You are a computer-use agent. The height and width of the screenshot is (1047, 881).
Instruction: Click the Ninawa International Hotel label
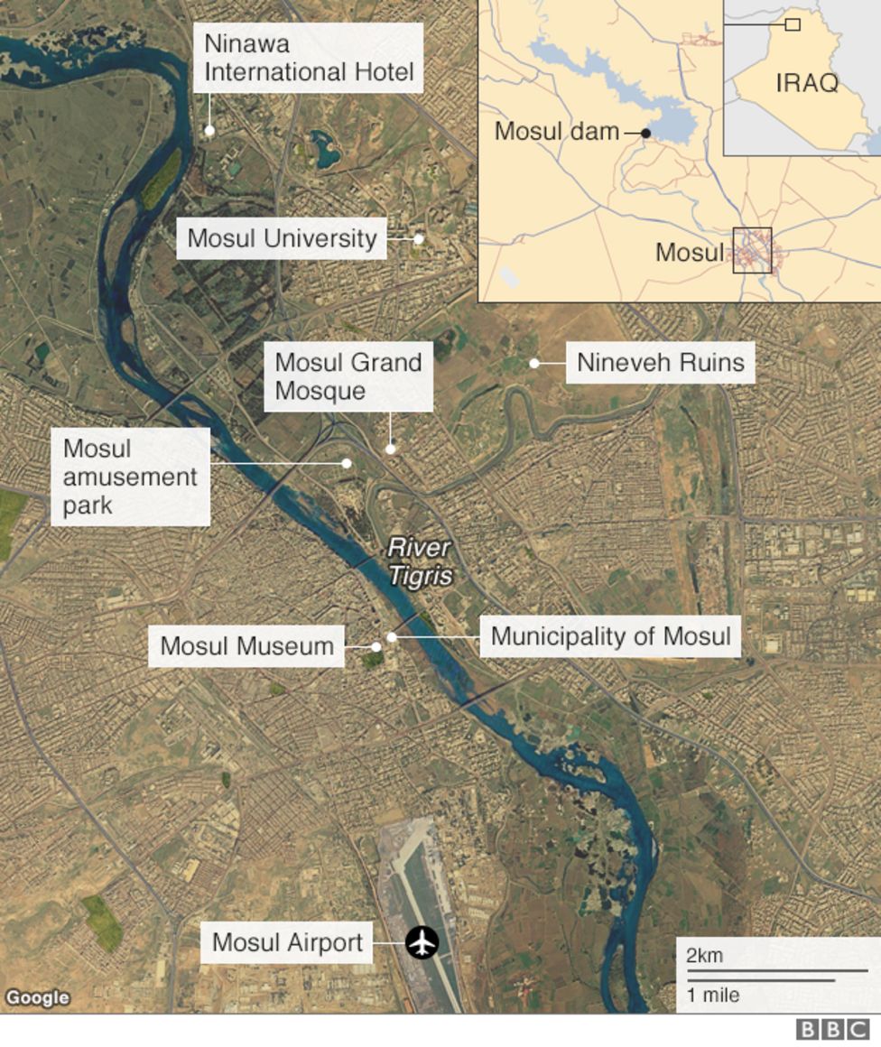click(308, 58)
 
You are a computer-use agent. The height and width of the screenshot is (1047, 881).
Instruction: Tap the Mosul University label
click(282, 238)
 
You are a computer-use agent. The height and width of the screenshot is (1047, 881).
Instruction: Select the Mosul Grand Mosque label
click(348, 376)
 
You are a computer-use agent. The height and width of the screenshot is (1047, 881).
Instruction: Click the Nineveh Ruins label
click(661, 363)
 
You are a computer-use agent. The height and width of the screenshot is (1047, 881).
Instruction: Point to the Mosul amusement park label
click(130, 477)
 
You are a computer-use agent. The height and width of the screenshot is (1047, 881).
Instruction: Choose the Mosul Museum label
click(246, 646)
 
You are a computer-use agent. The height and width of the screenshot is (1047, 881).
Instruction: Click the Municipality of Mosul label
click(610, 635)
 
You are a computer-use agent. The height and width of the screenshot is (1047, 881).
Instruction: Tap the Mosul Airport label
click(287, 943)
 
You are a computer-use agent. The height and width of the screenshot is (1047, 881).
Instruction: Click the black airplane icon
click(422, 942)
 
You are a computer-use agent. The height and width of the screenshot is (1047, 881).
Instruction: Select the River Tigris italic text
click(419, 561)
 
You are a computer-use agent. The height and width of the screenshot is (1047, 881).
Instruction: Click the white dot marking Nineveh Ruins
click(534, 364)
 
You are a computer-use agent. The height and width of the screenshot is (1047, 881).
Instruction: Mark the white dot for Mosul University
click(419, 239)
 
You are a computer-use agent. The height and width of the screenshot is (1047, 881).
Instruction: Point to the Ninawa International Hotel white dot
click(209, 131)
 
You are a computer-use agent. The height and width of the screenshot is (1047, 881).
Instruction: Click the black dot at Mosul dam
click(645, 134)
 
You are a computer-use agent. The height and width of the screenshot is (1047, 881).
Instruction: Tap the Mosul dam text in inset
click(556, 132)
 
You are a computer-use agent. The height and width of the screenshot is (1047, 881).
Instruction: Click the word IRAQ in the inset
click(806, 83)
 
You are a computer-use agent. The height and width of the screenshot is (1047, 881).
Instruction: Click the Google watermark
click(37, 997)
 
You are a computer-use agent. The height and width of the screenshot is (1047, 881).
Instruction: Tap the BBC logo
click(832, 1030)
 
